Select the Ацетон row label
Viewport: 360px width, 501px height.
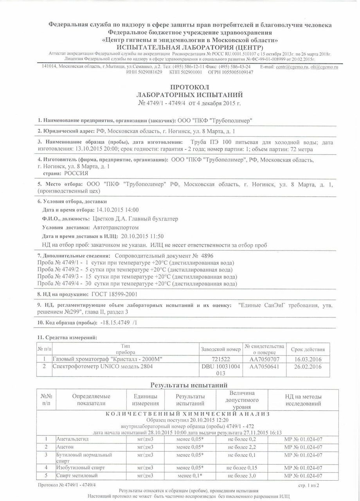65,447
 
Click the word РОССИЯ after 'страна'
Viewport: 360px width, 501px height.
76,173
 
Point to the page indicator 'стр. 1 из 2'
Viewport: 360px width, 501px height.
308,485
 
